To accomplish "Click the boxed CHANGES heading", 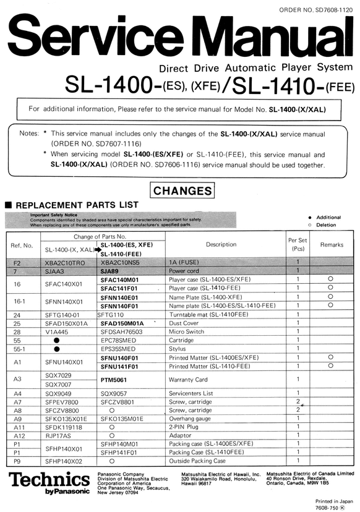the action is [182, 191].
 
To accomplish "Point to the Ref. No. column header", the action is [22, 245].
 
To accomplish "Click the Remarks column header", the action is [332, 245].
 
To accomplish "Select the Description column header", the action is [221, 244].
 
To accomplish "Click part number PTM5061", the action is [114, 379].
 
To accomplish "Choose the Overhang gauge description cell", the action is [192, 418].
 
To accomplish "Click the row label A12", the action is [18, 435].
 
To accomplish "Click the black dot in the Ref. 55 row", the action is [57, 340].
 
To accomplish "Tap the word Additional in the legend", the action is [346, 218].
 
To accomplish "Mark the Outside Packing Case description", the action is [197, 461].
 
